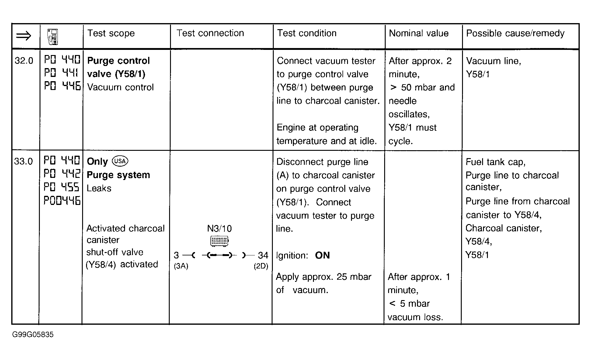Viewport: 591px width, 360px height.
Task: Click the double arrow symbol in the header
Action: click(24, 36)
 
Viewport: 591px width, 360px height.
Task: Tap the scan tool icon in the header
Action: click(53, 37)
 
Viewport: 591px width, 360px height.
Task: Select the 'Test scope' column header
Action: click(111, 33)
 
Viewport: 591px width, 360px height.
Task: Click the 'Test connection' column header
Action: click(210, 33)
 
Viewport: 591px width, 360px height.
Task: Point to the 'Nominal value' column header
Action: click(419, 33)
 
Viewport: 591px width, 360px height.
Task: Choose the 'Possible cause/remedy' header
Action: click(515, 33)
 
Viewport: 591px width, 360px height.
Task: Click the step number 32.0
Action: click(24, 61)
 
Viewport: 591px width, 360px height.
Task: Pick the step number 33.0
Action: click(23, 161)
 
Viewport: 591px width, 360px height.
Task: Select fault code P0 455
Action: click(61, 187)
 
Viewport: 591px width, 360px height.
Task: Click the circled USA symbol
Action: click(120, 161)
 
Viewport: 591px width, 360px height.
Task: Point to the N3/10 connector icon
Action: click(219, 241)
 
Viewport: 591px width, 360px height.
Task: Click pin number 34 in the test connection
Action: click(263, 255)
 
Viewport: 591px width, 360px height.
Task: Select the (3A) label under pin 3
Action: click(181, 266)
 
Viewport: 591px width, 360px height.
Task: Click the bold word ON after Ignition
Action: click(322, 255)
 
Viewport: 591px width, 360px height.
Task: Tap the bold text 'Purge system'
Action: click(118, 175)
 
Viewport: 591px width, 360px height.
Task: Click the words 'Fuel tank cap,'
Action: click(495, 162)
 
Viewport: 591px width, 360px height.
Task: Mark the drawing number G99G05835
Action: click(33, 335)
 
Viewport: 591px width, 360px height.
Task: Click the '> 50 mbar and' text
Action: click(422, 88)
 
